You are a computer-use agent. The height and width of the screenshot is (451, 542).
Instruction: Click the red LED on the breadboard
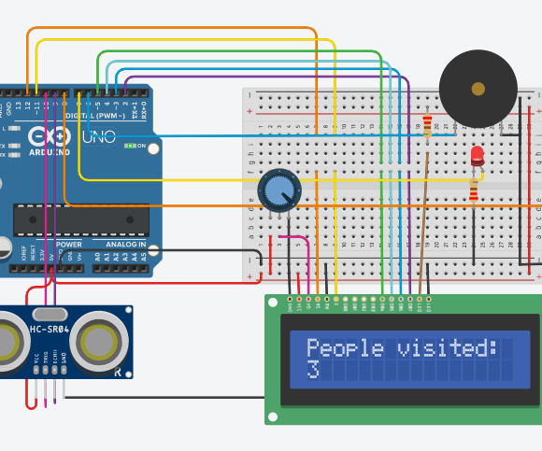(x=478, y=154)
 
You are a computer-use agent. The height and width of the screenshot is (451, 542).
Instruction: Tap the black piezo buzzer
(x=478, y=89)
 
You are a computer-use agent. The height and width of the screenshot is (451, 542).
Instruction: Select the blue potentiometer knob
(x=278, y=191)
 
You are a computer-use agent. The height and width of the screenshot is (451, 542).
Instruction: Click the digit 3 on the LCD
(x=313, y=370)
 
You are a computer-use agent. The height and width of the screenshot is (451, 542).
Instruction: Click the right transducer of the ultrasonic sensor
(x=99, y=342)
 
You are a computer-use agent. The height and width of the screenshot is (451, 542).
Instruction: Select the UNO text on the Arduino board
(x=99, y=137)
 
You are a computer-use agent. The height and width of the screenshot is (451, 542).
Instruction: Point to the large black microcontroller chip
(x=80, y=219)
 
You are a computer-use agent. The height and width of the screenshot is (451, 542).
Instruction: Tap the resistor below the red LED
(x=474, y=191)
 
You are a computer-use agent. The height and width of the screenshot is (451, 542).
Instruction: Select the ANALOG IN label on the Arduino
(x=119, y=245)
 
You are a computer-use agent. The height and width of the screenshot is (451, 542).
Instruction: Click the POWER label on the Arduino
(x=68, y=245)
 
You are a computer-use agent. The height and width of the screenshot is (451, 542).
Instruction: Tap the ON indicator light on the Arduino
(x=132, y=146)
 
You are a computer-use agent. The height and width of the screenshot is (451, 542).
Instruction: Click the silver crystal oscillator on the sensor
(x=50, y=314)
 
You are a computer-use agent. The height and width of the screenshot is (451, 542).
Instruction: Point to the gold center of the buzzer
(x=478, y=89)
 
